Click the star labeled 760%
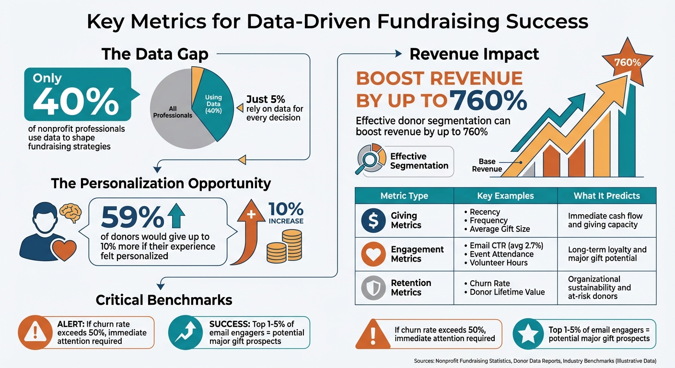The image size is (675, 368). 627,62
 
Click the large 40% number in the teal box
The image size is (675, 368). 77,101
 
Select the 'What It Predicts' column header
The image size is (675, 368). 606,195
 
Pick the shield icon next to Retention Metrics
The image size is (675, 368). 373,288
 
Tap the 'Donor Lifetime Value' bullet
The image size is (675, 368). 507,292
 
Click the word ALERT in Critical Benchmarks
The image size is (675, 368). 70,323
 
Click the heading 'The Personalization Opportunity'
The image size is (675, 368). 161,184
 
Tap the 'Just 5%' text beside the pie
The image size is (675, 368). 265,100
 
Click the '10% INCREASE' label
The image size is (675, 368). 286,214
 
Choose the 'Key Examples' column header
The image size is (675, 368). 505,195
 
